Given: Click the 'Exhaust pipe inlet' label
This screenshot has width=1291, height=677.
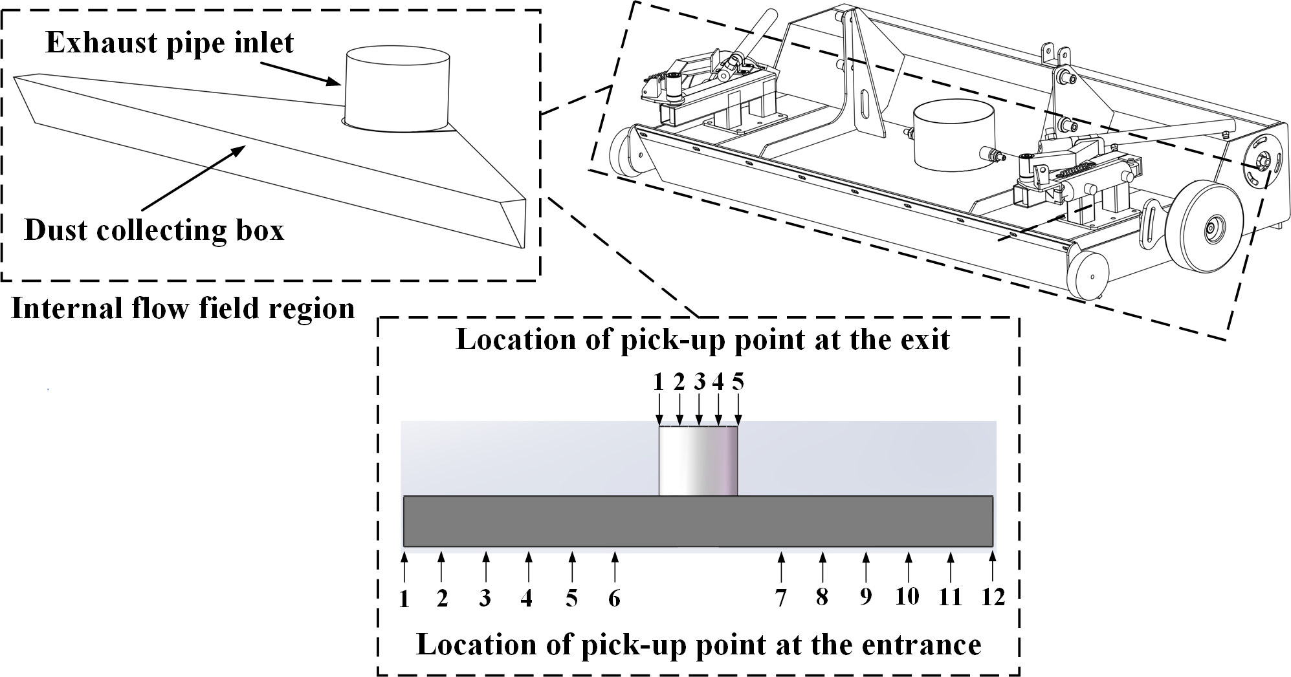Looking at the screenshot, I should (x=170, y=43).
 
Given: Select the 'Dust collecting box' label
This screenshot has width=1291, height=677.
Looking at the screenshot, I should (x=154, y=230).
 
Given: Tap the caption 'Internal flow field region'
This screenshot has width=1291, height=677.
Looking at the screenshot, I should (x=183, y=308).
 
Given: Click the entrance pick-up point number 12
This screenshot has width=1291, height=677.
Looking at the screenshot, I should (x=993, y=598).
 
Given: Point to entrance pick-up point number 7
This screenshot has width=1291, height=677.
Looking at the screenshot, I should (x=781, y=599).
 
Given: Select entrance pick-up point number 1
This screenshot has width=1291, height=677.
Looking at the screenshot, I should (x=404, y=600).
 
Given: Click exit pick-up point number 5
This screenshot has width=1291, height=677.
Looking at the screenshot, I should (x=738, y=382).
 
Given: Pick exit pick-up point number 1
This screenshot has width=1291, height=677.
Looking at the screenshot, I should (x=659, y=382).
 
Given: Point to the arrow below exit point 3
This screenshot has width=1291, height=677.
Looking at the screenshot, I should (x=699, y=409).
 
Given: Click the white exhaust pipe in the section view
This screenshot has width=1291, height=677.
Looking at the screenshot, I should (x=698, y=460).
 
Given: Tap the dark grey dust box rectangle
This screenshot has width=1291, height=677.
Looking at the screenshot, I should (x=698, y=521).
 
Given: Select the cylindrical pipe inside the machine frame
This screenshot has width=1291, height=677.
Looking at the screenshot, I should (x=952, y=138).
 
